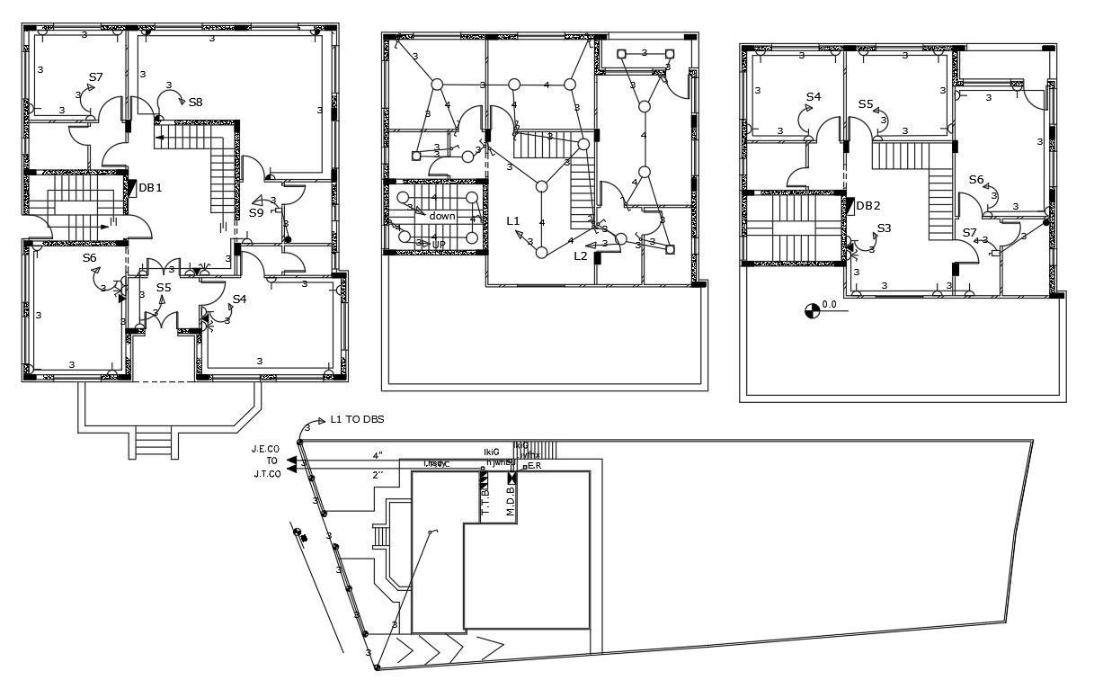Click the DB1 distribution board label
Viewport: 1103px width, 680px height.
(x=149, y=188)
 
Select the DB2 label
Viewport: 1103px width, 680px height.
(x=868, y=205)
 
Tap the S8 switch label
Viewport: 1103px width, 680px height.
(x=195, y=102)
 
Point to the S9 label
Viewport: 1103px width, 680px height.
(x=256, y=213)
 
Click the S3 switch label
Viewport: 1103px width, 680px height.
(x=884, y=228)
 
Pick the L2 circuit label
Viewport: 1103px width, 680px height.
(x=581, y=255)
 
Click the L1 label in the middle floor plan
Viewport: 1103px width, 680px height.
(x=513, y=220)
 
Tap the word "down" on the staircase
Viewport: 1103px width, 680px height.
(x=442, y=216)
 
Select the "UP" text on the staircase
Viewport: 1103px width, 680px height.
(x=439, y=244)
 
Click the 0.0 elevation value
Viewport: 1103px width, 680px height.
(x=829, y=305)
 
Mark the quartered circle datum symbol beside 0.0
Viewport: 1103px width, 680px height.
(x=811, y=310)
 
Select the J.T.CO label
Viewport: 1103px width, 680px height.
(x=267, y=472)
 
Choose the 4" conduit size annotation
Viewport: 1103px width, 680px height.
(x=378, y=455)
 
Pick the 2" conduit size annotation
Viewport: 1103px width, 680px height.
(x=378, y=474)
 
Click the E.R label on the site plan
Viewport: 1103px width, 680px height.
(x=533, y=466)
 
